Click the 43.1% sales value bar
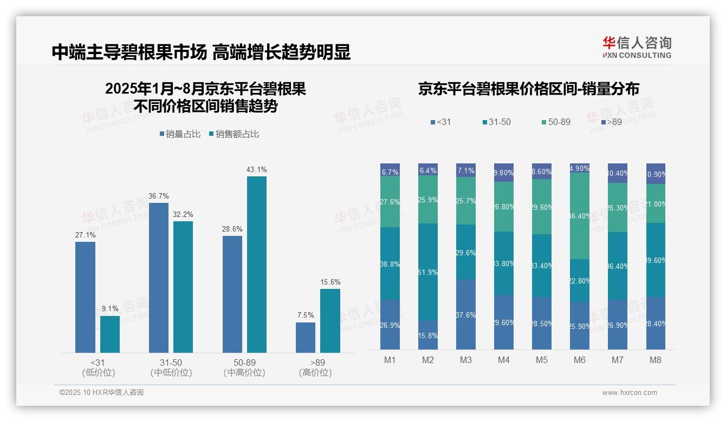pos(257,265)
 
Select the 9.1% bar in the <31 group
pos(110,334)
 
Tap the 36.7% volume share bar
pos(159,278)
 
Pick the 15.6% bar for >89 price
pos(330,321)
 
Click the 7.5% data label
pos(306,315)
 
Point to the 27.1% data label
pos(85,235)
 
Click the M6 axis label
pos(580,360)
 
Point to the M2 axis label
pos(428,360)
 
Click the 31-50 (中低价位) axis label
pos(171,367)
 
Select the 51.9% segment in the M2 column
pos(428,272)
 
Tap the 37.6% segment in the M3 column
pos(466,314)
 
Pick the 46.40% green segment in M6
pos(580,216)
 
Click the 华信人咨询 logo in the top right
pos(637,47)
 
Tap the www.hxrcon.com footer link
pos(630,393)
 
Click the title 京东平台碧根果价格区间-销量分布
pos(528,89)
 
